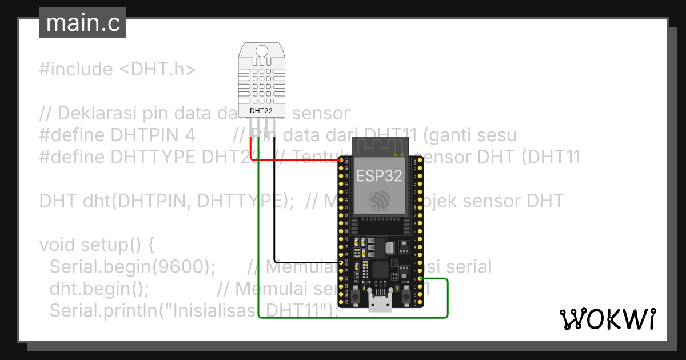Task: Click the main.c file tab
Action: point(82,23)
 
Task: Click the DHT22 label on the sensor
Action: point(261,110)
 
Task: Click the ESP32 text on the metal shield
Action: point(380,175)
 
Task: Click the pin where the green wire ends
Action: point(421,278)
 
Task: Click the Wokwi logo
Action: point(607,319)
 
